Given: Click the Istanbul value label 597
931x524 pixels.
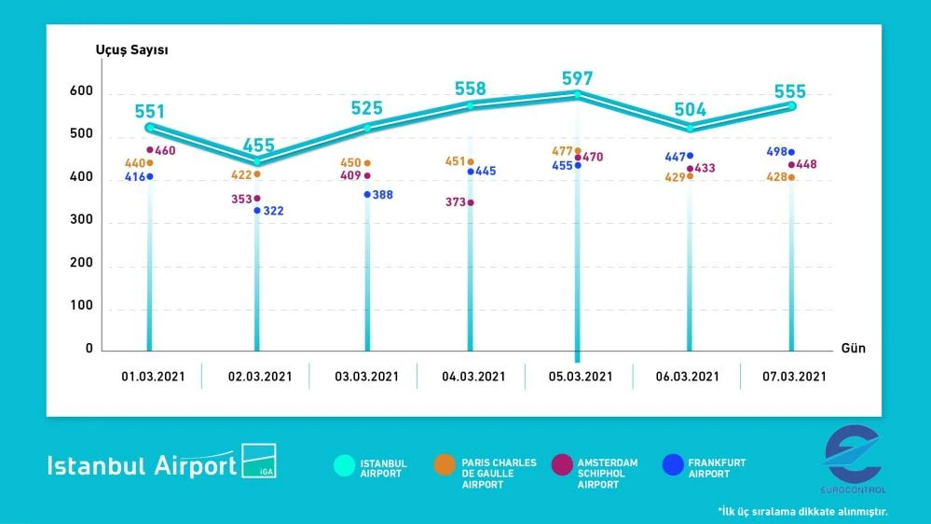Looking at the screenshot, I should point(578,79).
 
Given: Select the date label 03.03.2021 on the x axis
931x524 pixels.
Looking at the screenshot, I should point(366,377).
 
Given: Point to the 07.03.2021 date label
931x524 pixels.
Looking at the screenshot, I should point(793,377).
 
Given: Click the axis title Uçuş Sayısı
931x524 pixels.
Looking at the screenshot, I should point(131,49).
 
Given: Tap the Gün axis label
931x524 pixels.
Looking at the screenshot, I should point(854,348).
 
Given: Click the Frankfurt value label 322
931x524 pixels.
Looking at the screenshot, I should point(273,212).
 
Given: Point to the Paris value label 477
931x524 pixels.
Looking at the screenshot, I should point(560,149).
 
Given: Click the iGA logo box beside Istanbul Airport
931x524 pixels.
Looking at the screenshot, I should point(259,461).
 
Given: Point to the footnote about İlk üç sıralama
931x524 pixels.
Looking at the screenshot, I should point(802,511).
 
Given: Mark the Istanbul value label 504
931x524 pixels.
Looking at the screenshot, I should point(691,109).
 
